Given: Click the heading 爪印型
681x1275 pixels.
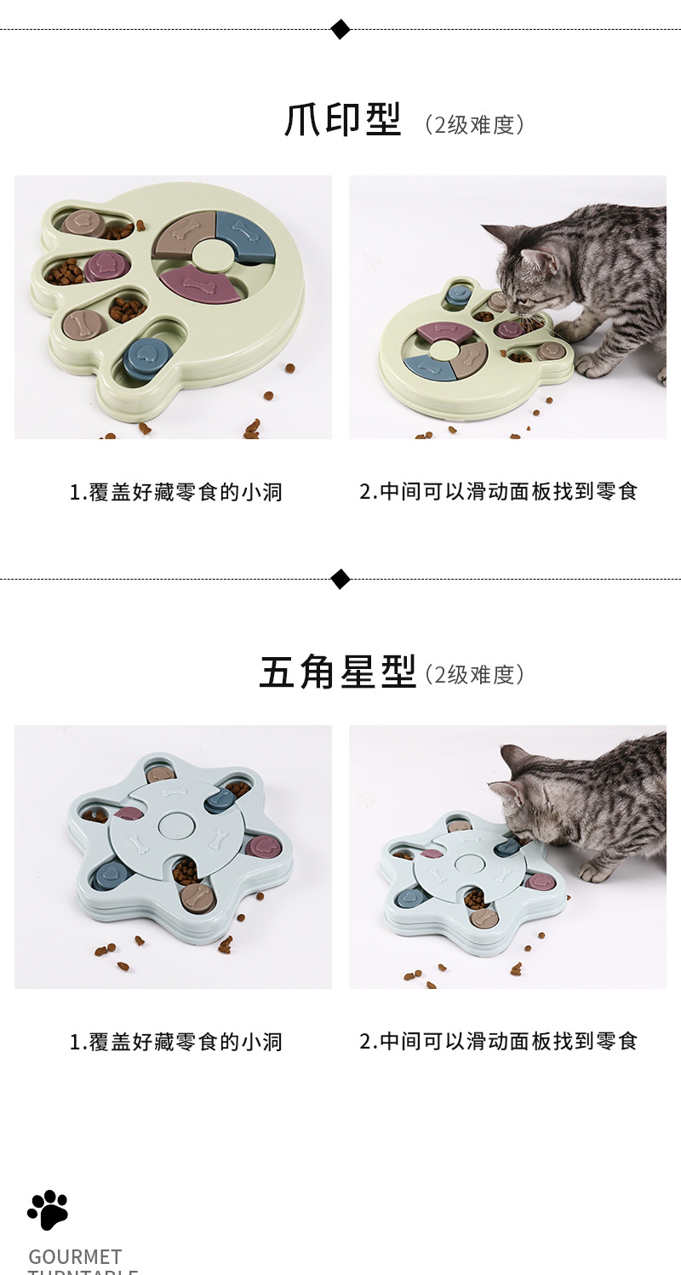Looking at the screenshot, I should click(x=342, y=121).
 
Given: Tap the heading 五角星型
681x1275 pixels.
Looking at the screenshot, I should click(x=337, y=672).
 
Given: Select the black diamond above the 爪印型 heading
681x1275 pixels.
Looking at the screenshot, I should click(x=340, y=30).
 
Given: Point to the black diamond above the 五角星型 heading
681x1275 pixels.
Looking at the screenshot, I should click(x=340, y=580).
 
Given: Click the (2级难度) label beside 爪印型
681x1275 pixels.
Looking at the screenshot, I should click(x=474, y=124).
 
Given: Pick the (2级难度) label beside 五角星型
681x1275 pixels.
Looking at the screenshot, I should click(x=474, y=674).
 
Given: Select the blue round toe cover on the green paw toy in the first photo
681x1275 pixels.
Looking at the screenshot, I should click(x=146, y=357).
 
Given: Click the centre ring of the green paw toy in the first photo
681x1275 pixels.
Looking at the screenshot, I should click(x=209, y=253).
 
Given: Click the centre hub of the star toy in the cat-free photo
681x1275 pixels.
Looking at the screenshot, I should click(x=177, y=824).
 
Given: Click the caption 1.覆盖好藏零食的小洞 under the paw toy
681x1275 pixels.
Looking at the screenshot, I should click(x=175, y=492).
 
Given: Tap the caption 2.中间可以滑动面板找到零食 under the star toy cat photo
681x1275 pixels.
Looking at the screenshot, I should click(x=498, y=1041).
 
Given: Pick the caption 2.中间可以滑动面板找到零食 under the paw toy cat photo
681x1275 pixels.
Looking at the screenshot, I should click(x=498, y=491).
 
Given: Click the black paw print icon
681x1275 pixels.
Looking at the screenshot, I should click(x=48, y=1209).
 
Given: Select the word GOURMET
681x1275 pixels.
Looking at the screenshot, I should click(x=75, y=1256).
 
